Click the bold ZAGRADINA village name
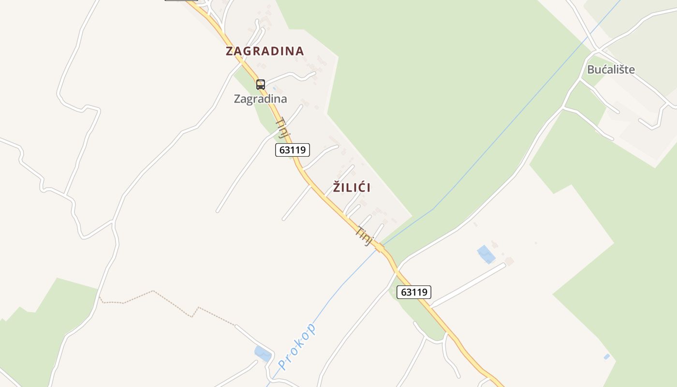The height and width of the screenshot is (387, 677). coord(265,51)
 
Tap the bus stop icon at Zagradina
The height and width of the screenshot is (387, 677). coord(261,85)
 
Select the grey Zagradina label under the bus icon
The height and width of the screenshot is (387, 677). coord(260,99)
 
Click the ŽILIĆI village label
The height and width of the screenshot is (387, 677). coord(352,188)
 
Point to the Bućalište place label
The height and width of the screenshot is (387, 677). coord(611,70)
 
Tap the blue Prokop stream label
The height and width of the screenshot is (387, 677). coord(298,346)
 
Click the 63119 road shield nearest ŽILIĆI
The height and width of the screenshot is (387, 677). coord(293,150)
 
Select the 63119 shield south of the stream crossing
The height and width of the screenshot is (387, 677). coord(414,292)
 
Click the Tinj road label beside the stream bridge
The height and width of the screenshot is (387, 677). coord(365,236)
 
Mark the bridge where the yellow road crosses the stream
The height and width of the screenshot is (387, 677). coord(381,249)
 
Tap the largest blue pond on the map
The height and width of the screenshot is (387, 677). coord(486,254)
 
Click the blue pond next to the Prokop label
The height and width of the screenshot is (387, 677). coord(263,354)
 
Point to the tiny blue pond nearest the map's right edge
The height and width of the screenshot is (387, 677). coord(607,357)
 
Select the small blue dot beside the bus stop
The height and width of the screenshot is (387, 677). coord(275,89)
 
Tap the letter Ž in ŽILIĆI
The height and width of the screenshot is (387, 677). coord(337,187)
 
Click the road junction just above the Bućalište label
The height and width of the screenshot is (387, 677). coord(598,50)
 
